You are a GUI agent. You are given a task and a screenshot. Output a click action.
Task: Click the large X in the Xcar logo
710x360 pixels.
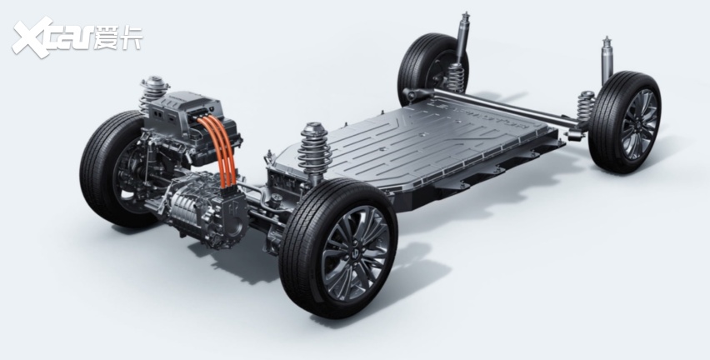coord(32,37)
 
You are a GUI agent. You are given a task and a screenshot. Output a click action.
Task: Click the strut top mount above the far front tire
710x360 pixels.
coord(154,84)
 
